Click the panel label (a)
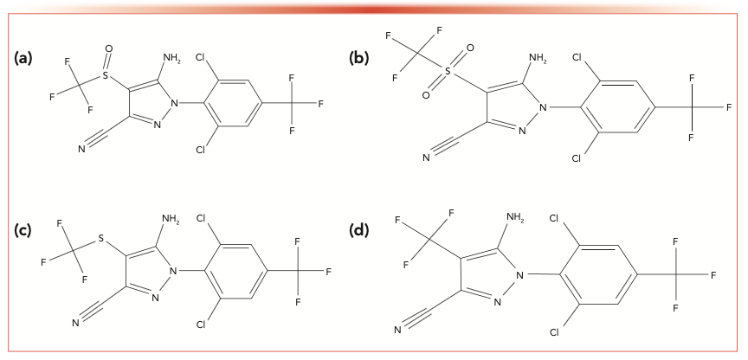23,58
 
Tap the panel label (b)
358,58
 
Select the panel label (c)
23,229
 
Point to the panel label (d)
359,229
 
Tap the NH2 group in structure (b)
538,59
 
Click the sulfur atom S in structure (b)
449,75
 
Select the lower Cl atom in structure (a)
201,149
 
